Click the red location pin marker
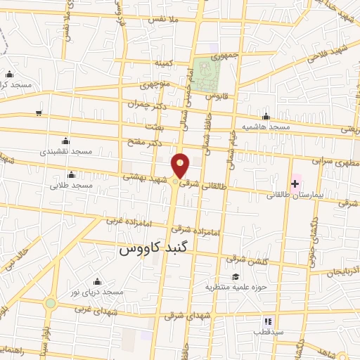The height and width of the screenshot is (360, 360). tap(181, 165)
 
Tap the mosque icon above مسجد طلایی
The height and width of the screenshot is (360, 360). tap(70, 175)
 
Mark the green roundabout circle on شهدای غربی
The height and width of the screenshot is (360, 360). tap(51, 304)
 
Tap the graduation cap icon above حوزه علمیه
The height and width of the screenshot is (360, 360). tap(236, 276)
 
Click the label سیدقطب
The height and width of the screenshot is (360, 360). tap(268, 330)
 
